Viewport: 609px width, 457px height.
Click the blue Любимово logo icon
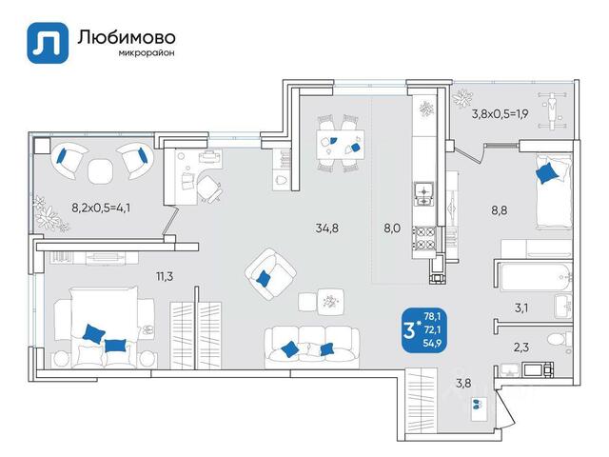48,43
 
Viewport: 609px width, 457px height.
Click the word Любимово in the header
127,37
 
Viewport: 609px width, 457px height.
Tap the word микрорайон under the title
146,53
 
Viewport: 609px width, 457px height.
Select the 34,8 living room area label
326,228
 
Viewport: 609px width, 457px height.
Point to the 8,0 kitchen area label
392,228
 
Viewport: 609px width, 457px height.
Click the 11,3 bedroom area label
165,277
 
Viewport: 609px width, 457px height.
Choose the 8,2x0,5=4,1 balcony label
101,208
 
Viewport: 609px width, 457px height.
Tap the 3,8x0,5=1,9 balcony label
500,114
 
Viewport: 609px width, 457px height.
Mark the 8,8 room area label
499,210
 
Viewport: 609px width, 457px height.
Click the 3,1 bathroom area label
521,308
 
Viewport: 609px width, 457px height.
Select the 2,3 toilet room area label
521,347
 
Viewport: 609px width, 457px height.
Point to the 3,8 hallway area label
463,383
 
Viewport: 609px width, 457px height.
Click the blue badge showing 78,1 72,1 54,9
424,330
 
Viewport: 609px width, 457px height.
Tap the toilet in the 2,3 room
559,340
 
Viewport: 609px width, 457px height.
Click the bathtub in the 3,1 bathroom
537,277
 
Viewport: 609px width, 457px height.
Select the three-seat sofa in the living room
312,347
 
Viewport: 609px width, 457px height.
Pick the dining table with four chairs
341,144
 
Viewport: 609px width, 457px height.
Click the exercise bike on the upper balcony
552,110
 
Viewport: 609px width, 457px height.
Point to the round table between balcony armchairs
101,170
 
